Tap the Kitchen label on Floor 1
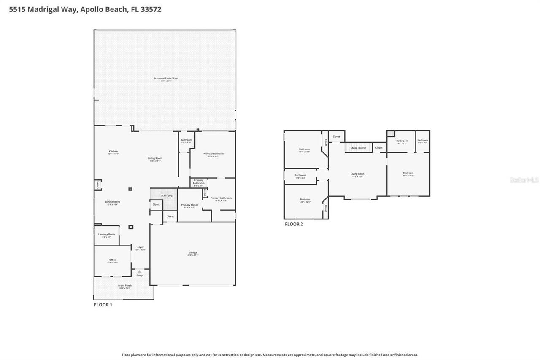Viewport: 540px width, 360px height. [x=113, y=152]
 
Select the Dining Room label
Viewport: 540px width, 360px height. [x=113, y=202]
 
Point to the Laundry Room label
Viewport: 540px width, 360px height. [x=106, y=235]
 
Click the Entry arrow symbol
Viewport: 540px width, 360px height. [x=140, y=271]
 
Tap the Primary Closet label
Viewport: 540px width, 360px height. [x=189, y=205]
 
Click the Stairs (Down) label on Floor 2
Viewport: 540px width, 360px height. [x=358, y=148]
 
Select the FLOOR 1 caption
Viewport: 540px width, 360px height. [x=103, y=305]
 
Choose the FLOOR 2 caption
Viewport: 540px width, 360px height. [x=294, y=224]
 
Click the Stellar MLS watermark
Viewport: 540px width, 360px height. [x=524, y=180]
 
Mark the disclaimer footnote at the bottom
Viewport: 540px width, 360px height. [x=270, y=355]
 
